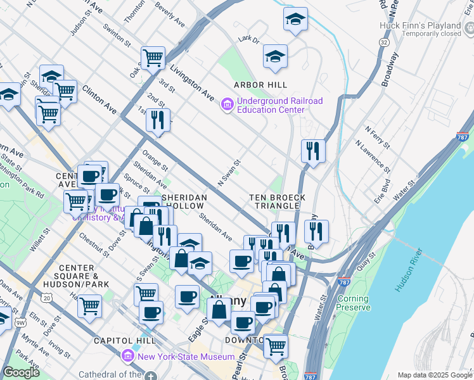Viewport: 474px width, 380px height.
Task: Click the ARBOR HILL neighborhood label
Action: (x=260, y=85)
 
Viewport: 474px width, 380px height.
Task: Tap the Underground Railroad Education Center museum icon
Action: (x=226, y=104)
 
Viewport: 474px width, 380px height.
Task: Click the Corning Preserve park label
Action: (x=354, y=303)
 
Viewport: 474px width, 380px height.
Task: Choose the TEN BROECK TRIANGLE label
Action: (x=274, y=201)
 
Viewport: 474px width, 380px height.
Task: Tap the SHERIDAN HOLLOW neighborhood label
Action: (x=184, y=201)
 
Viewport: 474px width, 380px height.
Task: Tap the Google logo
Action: (x=21, y=372)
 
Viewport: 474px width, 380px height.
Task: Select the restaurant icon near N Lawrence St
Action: (x=313, y=151)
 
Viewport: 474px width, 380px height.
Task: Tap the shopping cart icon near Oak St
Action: (x=153, y=58)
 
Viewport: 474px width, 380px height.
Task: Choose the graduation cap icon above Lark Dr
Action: (x=295, y=19)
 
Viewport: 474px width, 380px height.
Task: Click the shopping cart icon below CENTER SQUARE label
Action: (x=89, y=306)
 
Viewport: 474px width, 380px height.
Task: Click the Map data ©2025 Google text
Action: (x=434, y=374)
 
